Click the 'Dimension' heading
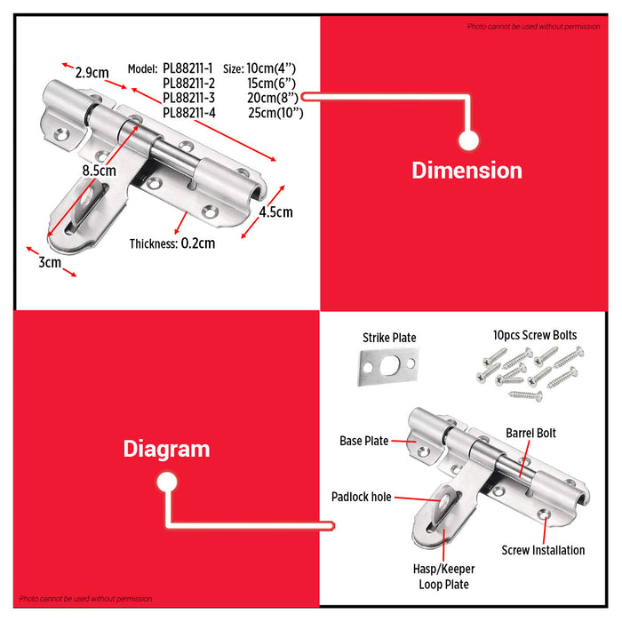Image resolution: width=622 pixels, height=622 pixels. pos(466,171)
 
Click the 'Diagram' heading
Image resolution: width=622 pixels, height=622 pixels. pos(166,450)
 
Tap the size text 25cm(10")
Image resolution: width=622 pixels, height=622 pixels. pos(275,113)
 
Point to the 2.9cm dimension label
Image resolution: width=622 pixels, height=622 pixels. pos(92,73)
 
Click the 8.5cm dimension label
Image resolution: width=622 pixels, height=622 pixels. pos(99,170)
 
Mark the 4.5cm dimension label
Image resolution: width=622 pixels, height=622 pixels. pos(275,212)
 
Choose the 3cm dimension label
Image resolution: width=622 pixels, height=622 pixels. pos(50,262)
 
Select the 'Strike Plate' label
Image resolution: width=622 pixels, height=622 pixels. pos(389,338)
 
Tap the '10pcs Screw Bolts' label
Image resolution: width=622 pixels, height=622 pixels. pos(534,336)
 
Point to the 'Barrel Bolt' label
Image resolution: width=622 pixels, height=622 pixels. pos(531,433)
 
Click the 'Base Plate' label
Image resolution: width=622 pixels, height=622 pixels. pos(364,441)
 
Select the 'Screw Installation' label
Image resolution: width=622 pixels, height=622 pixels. pos(543,550)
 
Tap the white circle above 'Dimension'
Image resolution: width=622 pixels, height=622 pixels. pos(468,140)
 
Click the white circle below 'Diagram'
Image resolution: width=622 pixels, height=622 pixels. pos(166,482)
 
